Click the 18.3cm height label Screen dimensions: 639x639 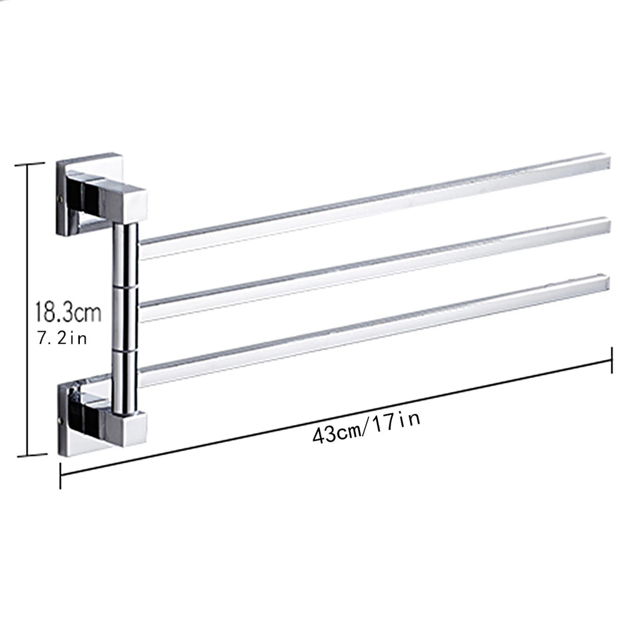(x=68, y=311)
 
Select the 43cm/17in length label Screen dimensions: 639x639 (x=366, y=426)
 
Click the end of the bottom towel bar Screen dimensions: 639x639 (x=605, y=282)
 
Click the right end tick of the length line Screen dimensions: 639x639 (x=612, y=360)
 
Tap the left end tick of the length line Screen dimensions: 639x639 (x=60, y=474)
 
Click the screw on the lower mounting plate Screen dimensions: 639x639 (x=61, y=420)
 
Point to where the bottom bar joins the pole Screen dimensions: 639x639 (x=141, y=374)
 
